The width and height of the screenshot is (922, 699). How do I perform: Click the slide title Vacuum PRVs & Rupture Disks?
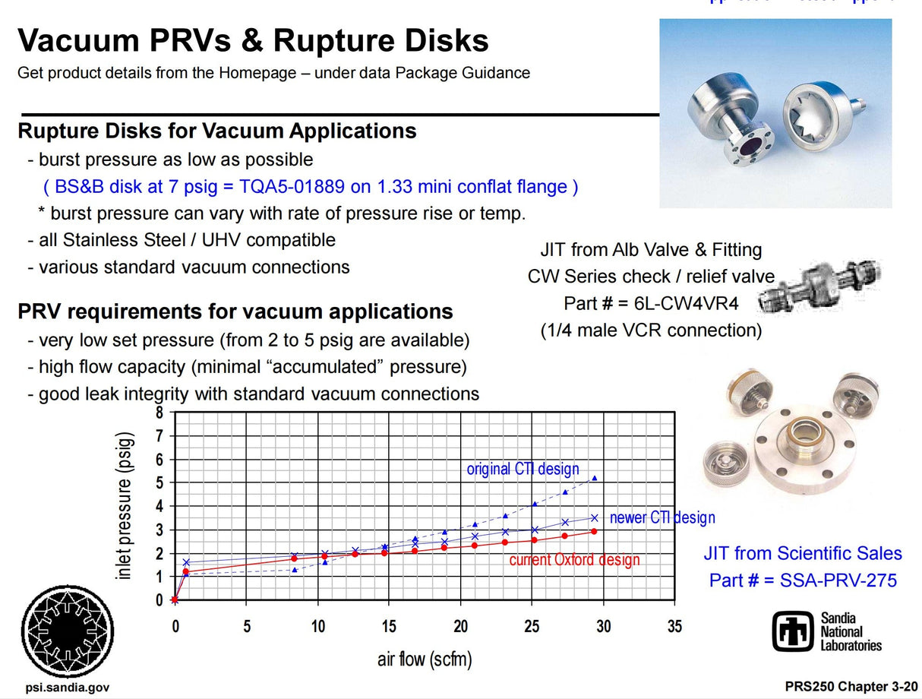tap(253, 40)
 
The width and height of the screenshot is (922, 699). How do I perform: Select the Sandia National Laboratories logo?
tap(828, 631)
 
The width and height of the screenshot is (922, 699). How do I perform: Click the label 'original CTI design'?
tap(523, 469)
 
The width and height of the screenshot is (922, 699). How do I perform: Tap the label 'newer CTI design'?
tap(662, 518)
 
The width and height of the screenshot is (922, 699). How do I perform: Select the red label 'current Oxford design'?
tap(574, 560)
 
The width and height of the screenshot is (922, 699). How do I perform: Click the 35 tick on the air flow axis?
tap(674, 627)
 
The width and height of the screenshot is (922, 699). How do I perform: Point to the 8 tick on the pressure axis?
tap(159, 413)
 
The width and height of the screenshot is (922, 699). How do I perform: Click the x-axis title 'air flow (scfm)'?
tap(425, 658)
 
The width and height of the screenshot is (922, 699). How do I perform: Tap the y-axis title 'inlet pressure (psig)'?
tap(126, 506)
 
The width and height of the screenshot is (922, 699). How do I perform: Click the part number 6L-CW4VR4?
tap(687, 303)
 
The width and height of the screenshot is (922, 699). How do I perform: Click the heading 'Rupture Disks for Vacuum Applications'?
tap(217, 131)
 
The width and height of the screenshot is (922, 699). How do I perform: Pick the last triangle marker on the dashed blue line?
tap(595, 478)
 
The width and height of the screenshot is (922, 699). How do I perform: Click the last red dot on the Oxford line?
tap(594, 531)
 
